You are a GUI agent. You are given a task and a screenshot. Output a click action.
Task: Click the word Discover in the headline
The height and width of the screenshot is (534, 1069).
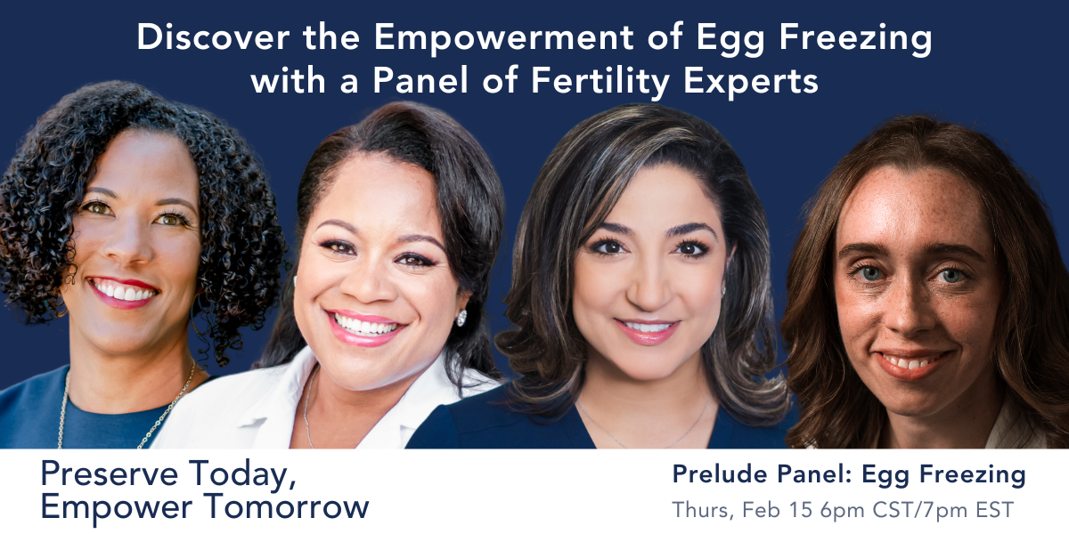213,36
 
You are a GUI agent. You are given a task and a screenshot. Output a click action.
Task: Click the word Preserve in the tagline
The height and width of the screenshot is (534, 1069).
110,473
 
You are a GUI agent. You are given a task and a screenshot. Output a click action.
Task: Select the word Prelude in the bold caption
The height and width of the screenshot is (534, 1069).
720,473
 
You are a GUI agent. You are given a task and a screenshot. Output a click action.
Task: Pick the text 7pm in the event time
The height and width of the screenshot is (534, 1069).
946,511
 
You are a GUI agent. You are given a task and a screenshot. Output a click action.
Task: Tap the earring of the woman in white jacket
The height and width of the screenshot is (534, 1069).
461,318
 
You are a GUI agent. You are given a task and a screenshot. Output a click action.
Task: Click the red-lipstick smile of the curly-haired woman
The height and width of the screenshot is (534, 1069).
123,291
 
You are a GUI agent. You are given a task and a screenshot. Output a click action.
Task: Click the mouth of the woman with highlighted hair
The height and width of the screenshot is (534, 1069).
647,330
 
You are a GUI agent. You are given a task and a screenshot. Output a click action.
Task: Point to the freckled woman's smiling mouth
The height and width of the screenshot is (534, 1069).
913,363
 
